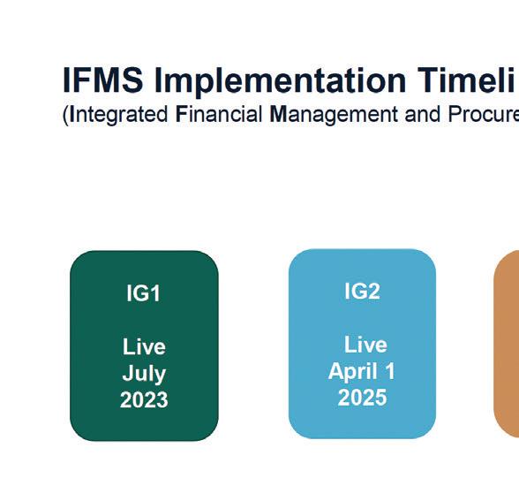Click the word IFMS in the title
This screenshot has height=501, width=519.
pyautogui.click(x=103, y=80)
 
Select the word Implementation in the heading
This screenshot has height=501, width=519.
pyautogui.click(x=280, y=82)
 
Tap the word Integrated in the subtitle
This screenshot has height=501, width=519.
pyautogui.click(x=119, y=115)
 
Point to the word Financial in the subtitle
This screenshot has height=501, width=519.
pyautogui.click(x=219, y=114)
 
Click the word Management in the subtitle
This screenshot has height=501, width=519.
pyautogui.click(x=334, y=115)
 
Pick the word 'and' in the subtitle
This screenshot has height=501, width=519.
pyautogui.click(x=423, y=114)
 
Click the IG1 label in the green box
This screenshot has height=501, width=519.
pyautogui.click(x=144, y=293)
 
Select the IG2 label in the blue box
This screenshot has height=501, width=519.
pyautogui.click(x=362, y=292)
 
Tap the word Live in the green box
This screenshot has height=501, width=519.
pyautogui.click(x=144, y=347)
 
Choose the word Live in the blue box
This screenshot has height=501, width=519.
pyautogui.click(x=365, y=345)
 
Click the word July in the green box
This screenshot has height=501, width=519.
pyautogui.click(x=144, y=375)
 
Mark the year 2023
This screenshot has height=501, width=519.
pyautogui.click(x=144, y=399)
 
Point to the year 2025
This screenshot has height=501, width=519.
pyautogui.click(x=362, y=398)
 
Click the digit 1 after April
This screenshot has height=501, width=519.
pyautogui.click(x=390, y=371)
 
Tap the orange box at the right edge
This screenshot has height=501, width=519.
pyautogui.click(x=507, y=344)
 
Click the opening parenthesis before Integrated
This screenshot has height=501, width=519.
pyautogui.click(x=65, y=116)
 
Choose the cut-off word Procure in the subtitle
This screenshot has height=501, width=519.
pyautogui.click(x=484, y=114)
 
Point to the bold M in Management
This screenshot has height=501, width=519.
pyautogui.click(x=278, y=114)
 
